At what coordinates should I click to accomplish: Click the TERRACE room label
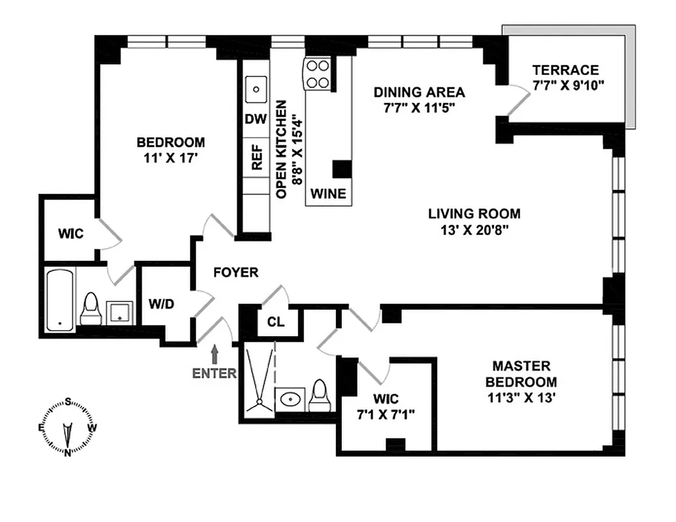click(x=565, y=70)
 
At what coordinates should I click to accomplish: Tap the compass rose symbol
click(x=68, y=427)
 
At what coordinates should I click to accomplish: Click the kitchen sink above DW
click(x=257, y=87)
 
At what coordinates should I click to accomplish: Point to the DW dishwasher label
click(x=256, y=120)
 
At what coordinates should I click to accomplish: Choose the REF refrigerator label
click(x=256, y=157)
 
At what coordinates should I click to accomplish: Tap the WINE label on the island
click(x=328, y=194)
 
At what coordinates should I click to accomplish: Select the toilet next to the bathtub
click(x=91, y=309)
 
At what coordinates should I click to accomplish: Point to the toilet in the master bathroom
click(x=319, y=395)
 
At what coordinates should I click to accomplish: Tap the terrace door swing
click(x=519, y=101)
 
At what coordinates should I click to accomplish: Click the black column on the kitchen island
click(x=342, y=168)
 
